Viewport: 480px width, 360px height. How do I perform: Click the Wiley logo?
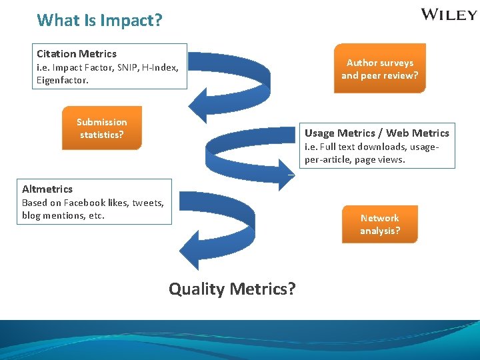pyautogui.click(x=449, y=15)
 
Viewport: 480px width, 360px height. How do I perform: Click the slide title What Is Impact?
pyautogui.click(x=99, y=20)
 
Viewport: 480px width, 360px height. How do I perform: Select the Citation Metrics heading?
pyautogui.click(x=77, y=53)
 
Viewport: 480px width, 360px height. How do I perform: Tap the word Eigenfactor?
pyautogui.click(x=62, y=80)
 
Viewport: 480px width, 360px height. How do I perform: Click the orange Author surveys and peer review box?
pyautogui.click(x=379, y=69)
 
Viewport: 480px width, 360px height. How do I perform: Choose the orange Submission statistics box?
pyautogui.click(x=101, y=128)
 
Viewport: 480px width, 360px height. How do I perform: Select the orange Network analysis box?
pyautogui.click(x=380, y=224)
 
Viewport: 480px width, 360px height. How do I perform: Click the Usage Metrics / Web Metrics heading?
pyautogui.click(x=377, y=133)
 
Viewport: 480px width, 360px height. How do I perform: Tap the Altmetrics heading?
pyautogui.click(x=47, y=189)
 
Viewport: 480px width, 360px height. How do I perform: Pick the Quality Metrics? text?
pyautogui.click(x=232, y=289)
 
